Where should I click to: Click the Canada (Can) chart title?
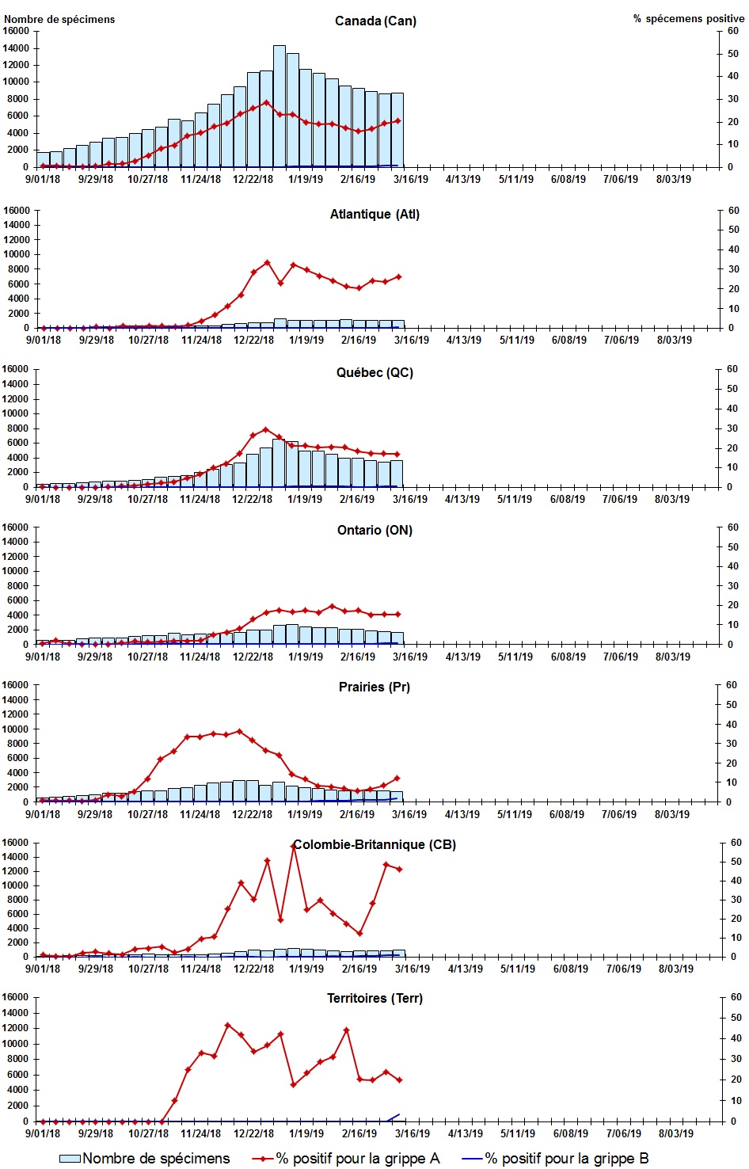click(x=375, y=21)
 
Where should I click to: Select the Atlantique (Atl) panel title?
click(x=374, y=214)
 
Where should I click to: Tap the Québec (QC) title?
click(x=374, y=372)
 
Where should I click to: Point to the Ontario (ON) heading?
click(x=374, y=530)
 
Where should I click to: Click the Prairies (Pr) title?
click(x=374, y=687)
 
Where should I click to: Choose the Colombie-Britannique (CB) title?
click(x=374, y=844)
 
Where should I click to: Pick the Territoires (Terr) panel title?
click(x=374, y=998)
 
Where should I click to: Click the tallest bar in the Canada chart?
click(x=279, y=107)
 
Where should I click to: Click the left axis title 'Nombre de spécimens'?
click(x=60, y=19)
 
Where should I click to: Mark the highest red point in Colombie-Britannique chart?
click(x=294, y=846)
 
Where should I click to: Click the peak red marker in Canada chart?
click(x=266, y=102)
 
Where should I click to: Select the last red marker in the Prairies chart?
click(x=397, y=779)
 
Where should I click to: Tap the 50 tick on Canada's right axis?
click(x=733, y=54)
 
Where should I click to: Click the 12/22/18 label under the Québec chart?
click(x=253, y=499)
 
